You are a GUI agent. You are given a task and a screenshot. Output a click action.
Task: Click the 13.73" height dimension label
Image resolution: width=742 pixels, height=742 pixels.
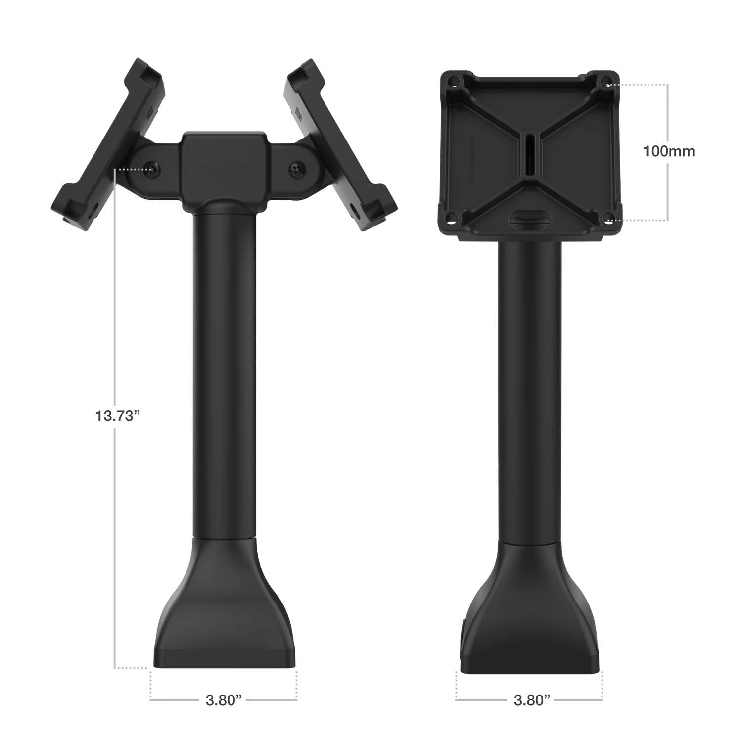pyautogui.click(x=115, y=416)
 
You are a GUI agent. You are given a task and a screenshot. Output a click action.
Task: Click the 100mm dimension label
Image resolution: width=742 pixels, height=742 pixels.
pyautogui.click(x=669, y=151)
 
